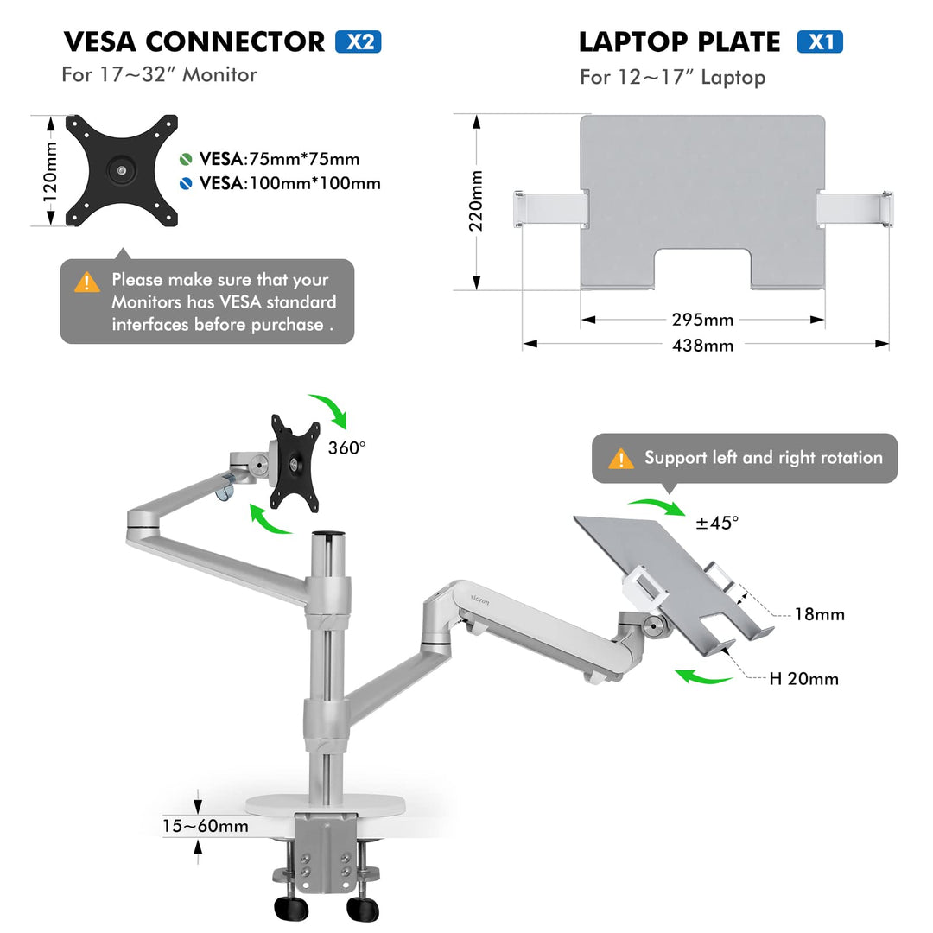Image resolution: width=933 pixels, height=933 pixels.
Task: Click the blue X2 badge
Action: tap(358, 41)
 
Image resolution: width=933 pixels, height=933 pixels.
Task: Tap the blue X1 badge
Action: tap(819, 41)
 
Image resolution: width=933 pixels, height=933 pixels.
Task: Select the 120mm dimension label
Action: tap(50, 171)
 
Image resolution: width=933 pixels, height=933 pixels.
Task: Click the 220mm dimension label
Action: tap(476, 200)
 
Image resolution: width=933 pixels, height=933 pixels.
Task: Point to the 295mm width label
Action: tap(702, 320)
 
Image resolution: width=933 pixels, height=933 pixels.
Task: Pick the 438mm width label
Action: tap(702, 345)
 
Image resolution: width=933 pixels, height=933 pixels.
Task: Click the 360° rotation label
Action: tap(346, 447)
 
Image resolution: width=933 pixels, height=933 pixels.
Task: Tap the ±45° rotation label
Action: tap(717, 523)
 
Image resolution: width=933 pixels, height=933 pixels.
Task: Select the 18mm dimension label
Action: tap(820, 614)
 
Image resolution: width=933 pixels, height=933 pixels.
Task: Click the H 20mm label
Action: tap(803, 678)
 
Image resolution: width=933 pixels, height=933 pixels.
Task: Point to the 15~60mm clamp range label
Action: tap(205, 826)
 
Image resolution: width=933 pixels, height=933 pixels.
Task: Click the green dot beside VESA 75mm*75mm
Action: tap(187, 159)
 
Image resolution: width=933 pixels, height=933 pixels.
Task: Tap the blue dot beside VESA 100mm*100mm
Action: tap(187, 183)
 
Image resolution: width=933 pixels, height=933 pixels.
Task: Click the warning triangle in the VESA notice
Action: tap(87, 282)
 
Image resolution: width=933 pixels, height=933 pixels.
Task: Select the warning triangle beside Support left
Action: tap(620, 459)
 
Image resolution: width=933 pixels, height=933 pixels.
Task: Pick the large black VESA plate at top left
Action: tap(122, 171)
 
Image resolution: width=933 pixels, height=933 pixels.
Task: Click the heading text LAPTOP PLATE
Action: tap(679, 41)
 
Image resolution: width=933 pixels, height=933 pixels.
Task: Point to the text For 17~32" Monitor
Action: tap(159, 74)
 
